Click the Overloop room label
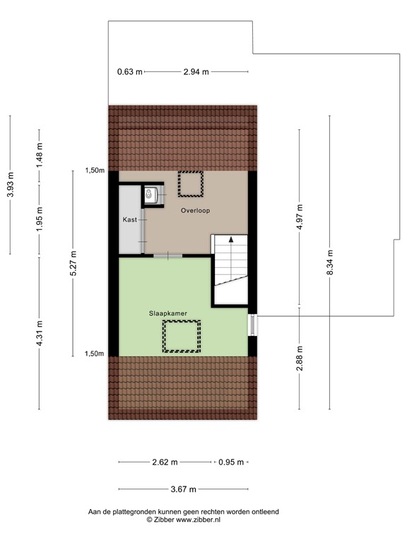195,211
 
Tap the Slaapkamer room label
167,312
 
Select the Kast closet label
129,220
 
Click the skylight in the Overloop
190,184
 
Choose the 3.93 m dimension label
10,185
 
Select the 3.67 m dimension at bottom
184,489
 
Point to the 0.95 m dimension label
230,462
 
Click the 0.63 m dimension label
130,71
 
